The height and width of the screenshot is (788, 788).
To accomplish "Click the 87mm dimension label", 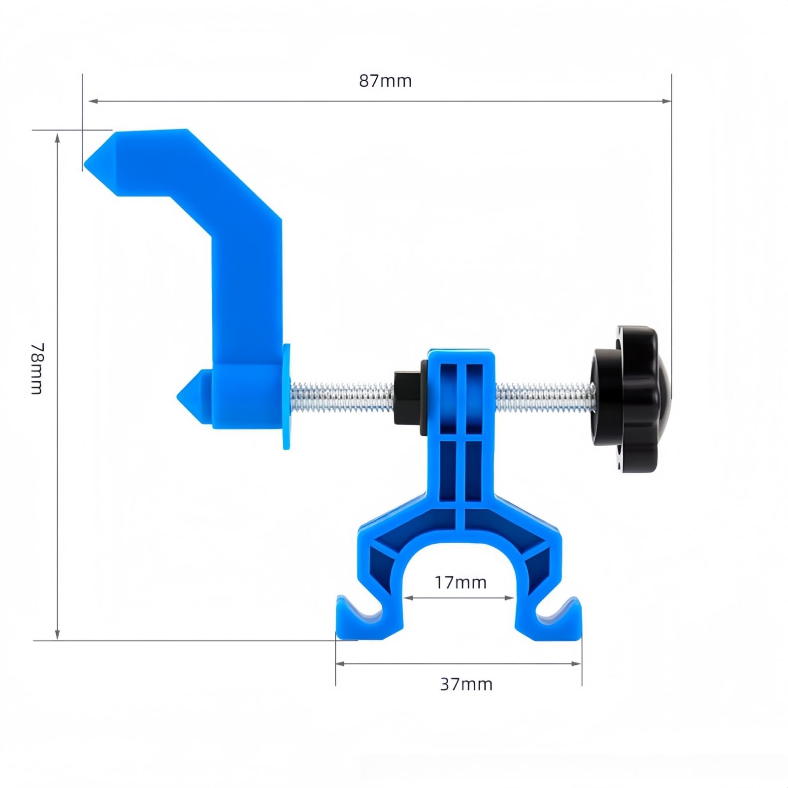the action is click(385, 81).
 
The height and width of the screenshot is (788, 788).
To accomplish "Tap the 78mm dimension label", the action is click(37, 368).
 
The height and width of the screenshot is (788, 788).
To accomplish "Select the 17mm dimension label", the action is click(460, 583).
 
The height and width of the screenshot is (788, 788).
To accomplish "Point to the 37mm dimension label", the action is click(466, 684).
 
